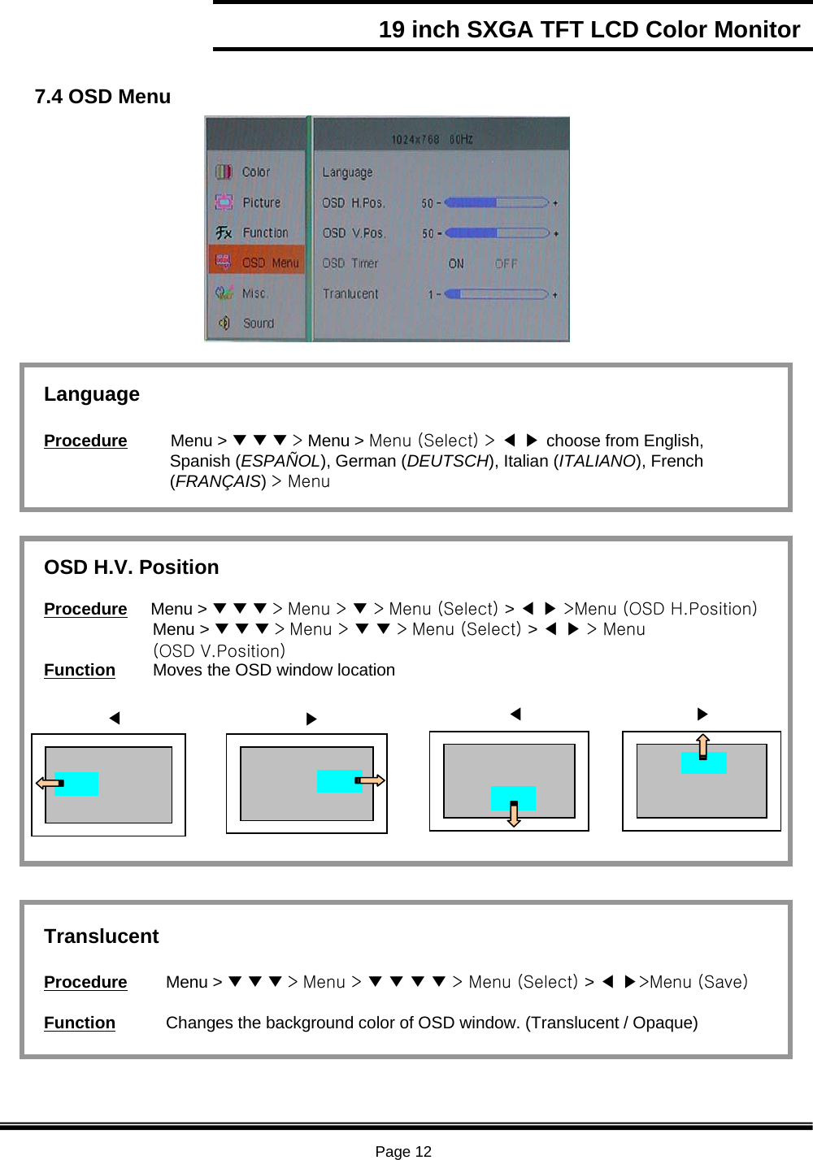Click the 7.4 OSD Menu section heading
102,97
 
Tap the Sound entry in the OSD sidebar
258,324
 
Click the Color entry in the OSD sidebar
255,172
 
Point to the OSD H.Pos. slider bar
497,202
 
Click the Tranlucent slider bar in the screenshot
497,294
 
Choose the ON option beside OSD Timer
456,263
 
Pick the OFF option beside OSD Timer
506,263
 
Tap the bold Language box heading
92,394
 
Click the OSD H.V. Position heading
132,567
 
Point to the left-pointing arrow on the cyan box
50,784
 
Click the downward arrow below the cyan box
514,814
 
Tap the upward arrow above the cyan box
703,745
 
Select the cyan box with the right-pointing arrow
339,781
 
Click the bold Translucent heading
102,936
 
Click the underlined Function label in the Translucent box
80,1023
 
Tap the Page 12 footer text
403,1151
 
